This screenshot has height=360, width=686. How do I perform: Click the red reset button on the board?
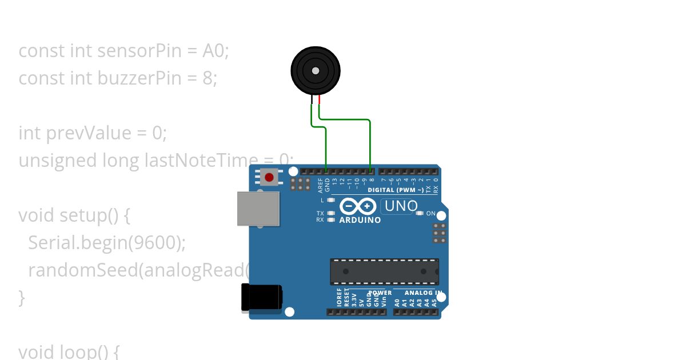coord(269,177)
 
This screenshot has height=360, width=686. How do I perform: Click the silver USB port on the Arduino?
coord(258,209)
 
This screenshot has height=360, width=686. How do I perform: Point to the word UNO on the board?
coord(401,206)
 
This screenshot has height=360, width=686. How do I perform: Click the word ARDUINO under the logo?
coord(360,220)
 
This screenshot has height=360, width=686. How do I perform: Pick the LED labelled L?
coord(331,201)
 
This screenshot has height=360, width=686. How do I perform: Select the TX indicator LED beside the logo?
coord(331,213)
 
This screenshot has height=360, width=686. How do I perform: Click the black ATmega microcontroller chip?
coord(384,271)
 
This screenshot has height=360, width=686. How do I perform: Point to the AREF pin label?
coord(320,184)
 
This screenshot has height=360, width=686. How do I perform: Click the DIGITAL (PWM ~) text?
coord(396,190)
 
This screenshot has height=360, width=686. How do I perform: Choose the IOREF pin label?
coord(340,298)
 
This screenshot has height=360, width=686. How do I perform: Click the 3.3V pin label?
coord(354,300)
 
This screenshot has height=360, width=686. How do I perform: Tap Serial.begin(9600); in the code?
coord(107,243)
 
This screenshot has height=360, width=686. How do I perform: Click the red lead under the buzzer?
coord(319,101)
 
